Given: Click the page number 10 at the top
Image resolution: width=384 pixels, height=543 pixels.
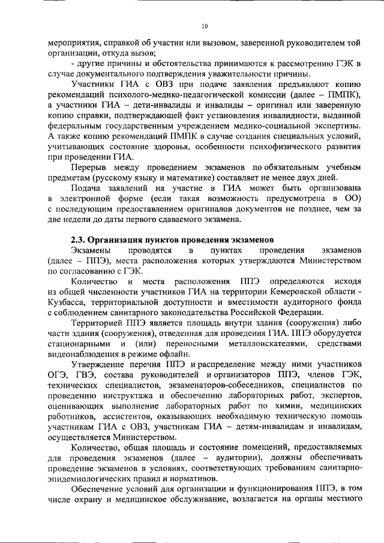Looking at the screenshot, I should pyautogui.click(x=204, y=26).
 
